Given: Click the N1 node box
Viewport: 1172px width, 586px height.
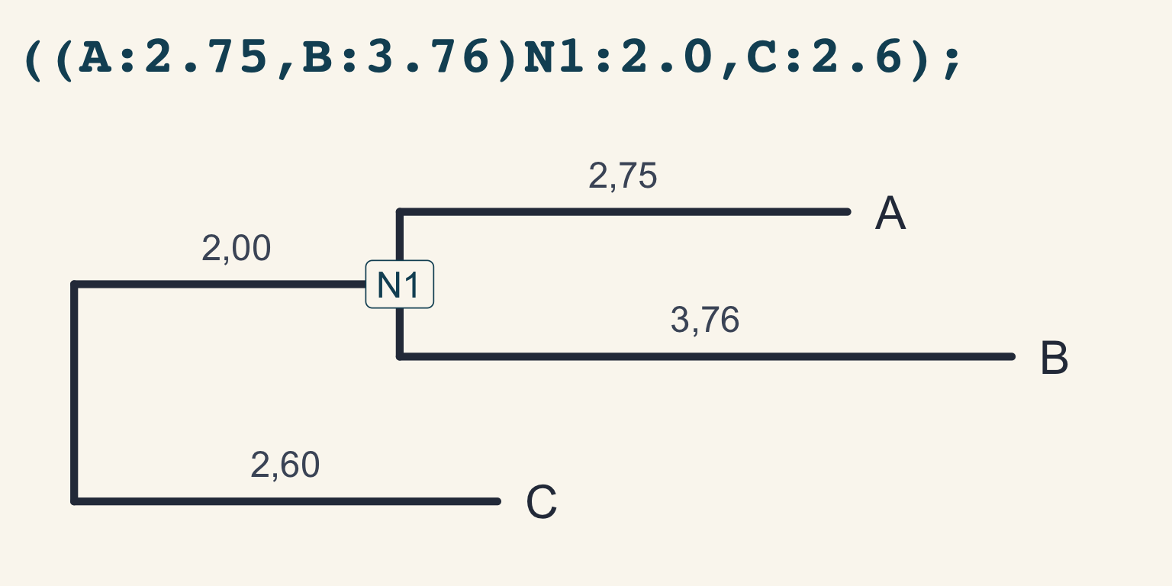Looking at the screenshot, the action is tap(399, 284).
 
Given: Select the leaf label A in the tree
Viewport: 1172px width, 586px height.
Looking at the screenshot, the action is tap(890, 213).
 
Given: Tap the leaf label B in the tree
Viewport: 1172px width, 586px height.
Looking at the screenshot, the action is tap(1054, 358).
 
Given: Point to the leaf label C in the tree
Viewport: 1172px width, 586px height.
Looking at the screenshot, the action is tap(542, 502).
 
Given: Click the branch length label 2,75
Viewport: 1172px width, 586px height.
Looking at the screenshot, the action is tap(623, 175).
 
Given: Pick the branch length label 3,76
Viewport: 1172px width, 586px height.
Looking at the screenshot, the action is tap(705, 320).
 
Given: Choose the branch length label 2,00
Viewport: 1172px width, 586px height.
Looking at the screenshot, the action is tap(236, 248).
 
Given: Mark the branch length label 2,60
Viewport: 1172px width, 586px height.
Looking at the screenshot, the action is tap(285, 465).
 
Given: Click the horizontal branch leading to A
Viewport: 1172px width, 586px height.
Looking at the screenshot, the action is tap(623, 212).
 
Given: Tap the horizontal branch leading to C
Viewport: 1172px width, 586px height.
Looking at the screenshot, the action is tap(285, 502).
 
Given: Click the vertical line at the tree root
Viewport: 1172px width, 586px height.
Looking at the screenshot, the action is tap(74, 393).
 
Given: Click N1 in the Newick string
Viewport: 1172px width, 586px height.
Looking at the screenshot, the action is tap(554, 56).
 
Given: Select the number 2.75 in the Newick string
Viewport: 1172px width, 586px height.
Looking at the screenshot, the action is tap(205, 56).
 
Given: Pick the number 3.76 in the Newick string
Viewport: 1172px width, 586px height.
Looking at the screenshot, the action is tap(428, 56).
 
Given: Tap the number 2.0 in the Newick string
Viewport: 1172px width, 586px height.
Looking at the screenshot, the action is tap(666, 56).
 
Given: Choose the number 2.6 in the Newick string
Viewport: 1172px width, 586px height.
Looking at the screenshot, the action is tap(857, 56).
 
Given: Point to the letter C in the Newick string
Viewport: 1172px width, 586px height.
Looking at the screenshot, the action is tap(761, 56).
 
